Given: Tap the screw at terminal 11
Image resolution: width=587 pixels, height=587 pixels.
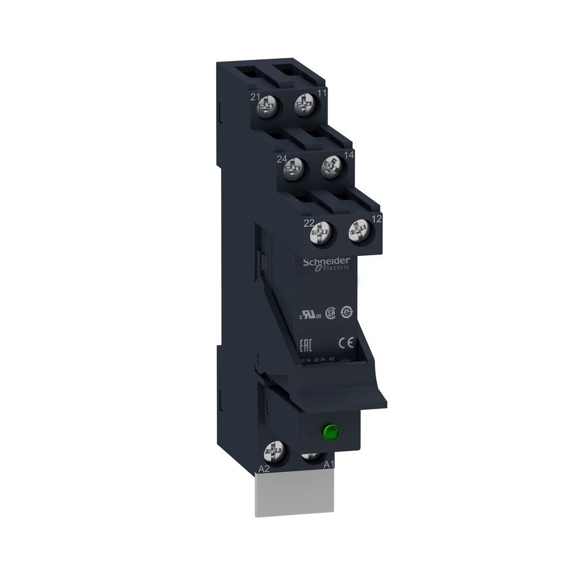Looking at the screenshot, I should [x=304, y=106].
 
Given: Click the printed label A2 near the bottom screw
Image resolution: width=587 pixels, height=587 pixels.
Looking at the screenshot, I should [x=264, y=470].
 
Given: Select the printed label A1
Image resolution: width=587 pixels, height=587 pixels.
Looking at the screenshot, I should [x=330, y=464].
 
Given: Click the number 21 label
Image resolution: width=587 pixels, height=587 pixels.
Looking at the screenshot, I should [x=255, y=97].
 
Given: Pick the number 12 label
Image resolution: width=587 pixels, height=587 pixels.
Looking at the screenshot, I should [x=377, y=218].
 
